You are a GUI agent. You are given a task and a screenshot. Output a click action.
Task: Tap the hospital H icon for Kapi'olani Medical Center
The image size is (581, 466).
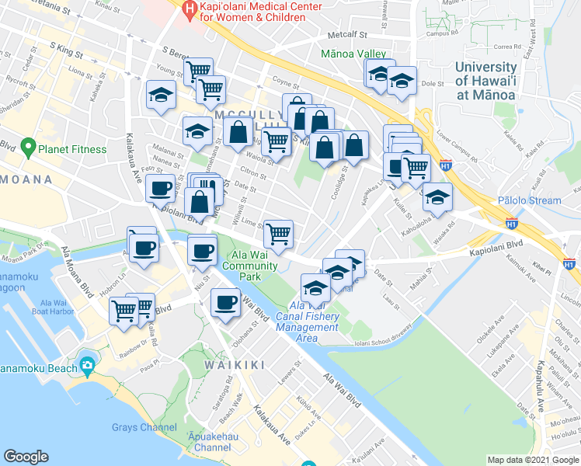point(188,10)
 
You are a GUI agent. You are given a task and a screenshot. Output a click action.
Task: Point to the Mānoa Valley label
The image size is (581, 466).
point(354,54)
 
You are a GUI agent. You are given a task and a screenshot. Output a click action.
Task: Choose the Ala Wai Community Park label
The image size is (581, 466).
point(250,260)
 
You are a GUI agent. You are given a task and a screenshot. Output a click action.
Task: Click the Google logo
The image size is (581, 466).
point(26,457)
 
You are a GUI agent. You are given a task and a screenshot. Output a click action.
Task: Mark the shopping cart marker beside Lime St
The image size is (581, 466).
point(278,232)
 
